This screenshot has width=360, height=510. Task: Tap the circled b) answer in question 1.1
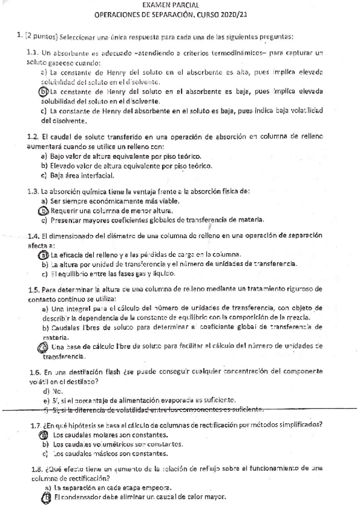click(43, 91)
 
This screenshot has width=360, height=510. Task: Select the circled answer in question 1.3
click(43, 211)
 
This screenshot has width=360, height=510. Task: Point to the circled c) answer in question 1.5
click(43, 347)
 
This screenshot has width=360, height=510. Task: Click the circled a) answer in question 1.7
click(43, 434)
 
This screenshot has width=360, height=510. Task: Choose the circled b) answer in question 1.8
click(44, 498)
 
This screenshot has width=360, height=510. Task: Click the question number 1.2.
click(34, 138)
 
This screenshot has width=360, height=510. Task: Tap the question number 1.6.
click(34, 372)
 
